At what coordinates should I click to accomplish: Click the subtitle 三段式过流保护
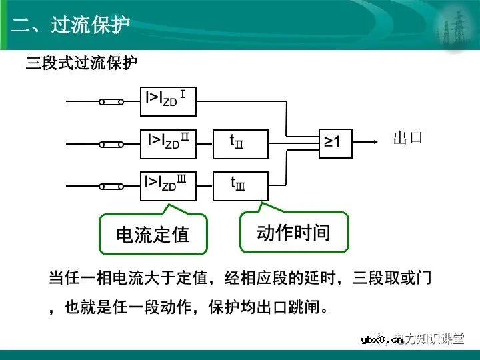[82, 65]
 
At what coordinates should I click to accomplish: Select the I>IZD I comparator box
[167, 101]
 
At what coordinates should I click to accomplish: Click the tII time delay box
[240, 143]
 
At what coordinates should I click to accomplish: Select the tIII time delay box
[240, 185]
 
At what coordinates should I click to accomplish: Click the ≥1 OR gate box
[334, 142]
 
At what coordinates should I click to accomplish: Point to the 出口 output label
[408, 139]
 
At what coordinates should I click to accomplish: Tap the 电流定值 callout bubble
[153, 234]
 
